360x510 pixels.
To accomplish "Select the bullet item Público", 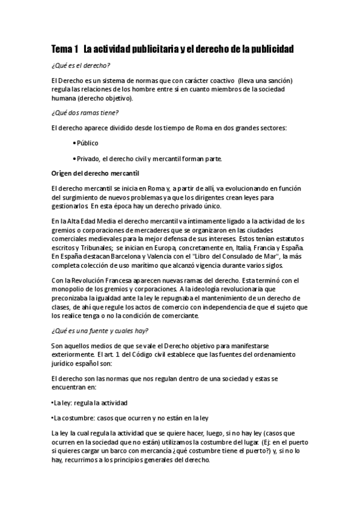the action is (x=87, y=143).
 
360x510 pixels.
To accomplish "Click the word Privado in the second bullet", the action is (x=90, y=159).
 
